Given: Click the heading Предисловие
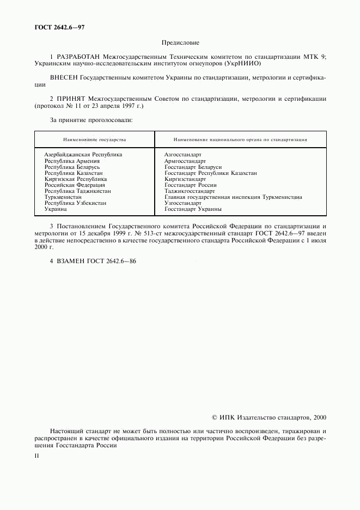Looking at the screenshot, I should tap(180, 42).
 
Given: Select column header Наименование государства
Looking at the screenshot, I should tap(94, 139).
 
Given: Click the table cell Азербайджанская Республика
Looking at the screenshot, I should tap(83, 155).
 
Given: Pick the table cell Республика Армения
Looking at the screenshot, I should tap(72, 161).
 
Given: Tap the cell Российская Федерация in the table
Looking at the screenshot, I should tap(75, 185).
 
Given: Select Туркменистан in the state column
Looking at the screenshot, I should tap(63, 197).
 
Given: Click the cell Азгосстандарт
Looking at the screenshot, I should tap(182, 155).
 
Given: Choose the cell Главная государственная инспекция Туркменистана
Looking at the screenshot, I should tap(233, 197).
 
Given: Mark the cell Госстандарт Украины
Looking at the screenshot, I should tap(193, 209).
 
